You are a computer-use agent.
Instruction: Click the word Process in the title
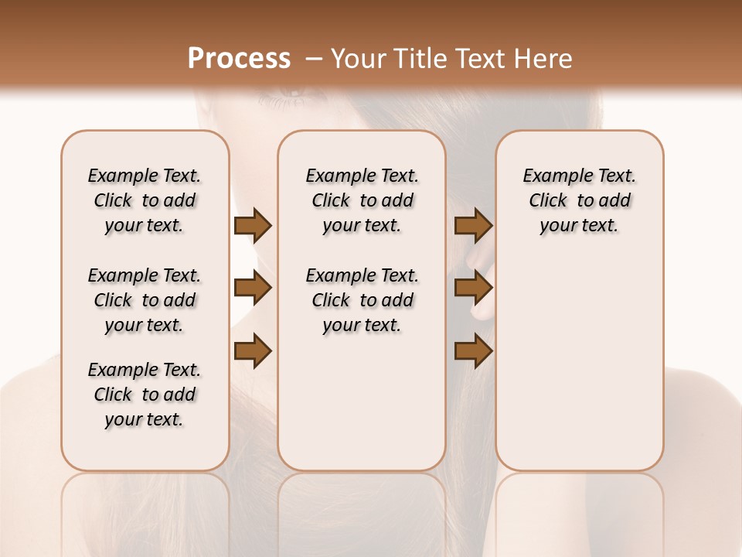pos(239,59)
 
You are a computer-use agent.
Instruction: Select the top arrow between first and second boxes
pos(253,226)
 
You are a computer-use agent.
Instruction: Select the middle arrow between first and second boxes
pos(253,289)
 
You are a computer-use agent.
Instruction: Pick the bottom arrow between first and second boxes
pos(253,350)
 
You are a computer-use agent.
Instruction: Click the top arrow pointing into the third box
pos(473,226)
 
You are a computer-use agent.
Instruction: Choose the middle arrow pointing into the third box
pos(473,289)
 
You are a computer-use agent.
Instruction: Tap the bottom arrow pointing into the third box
pos(473,350)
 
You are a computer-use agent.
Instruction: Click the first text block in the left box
pos(145,200)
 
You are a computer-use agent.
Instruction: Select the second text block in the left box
pos(145,300)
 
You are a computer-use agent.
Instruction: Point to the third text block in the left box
pos(145,395)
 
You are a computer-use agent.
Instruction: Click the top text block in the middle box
pos(362,200)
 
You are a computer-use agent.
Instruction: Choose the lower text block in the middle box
pos(362,300)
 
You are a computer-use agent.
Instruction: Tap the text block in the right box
pos(579,200)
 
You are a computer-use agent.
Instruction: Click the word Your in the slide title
pos(360,59)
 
